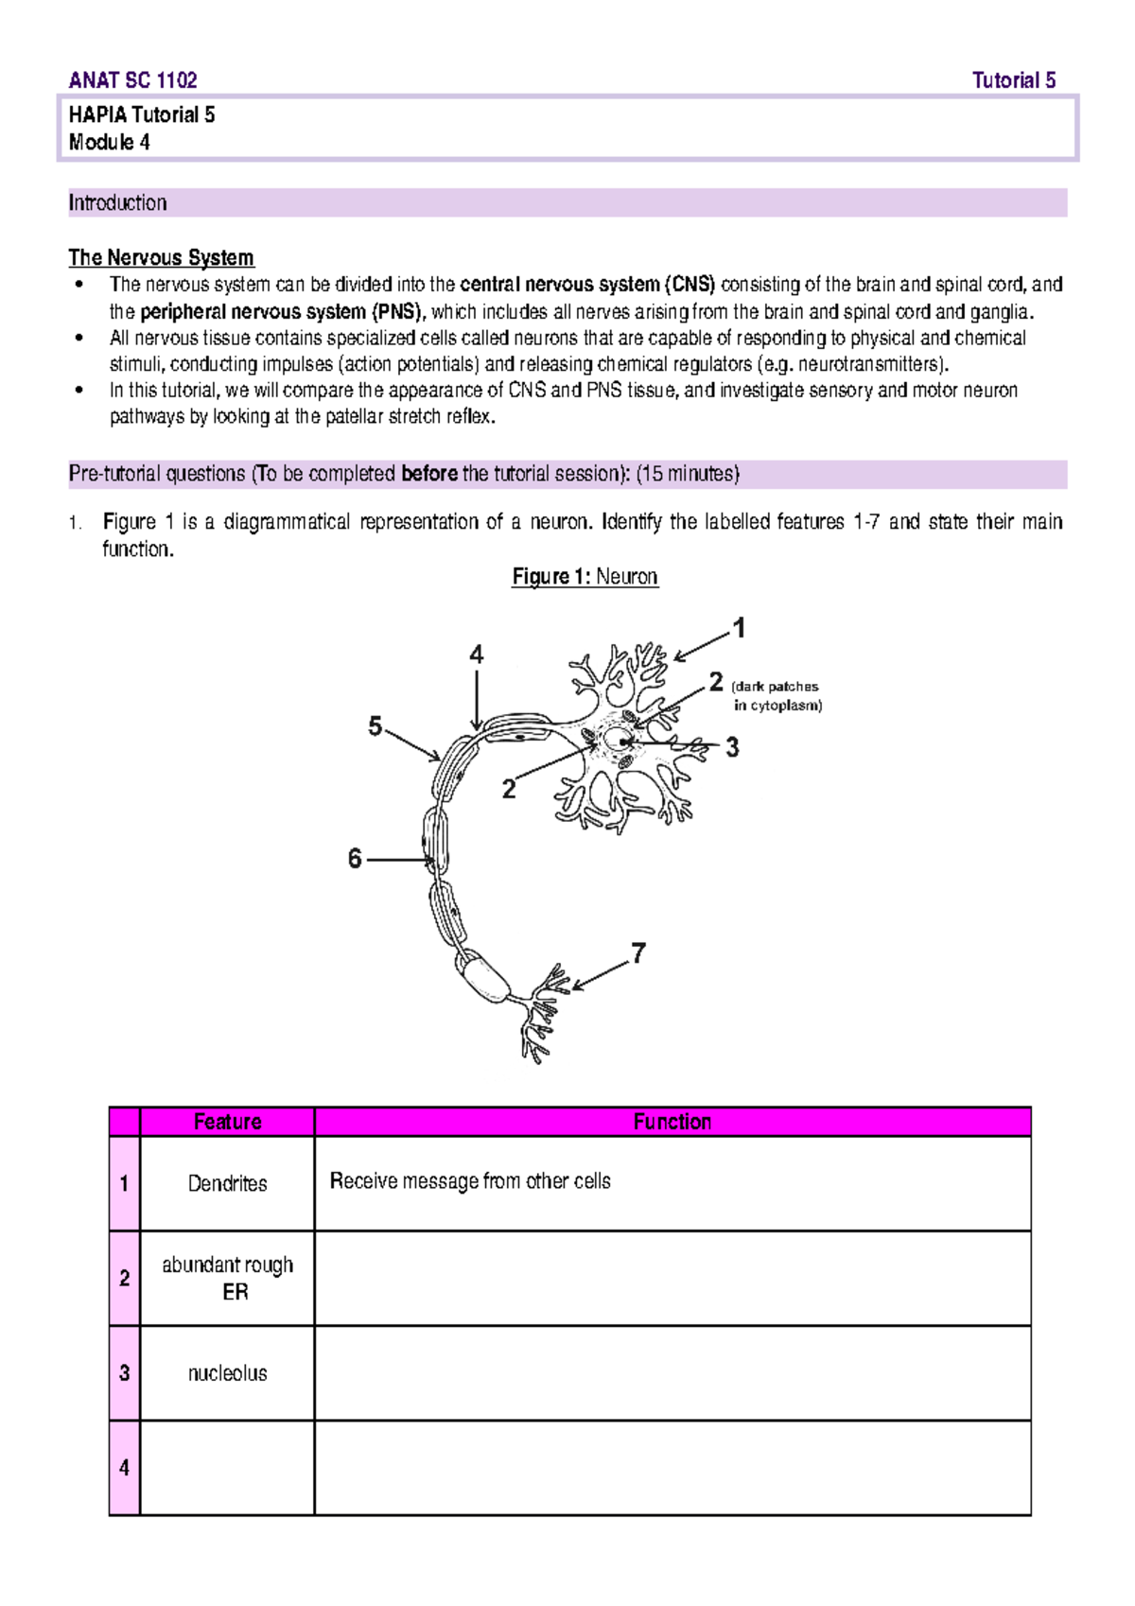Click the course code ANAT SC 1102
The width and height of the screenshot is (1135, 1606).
tap(132, 80)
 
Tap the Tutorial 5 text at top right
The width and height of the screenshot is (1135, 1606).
tap(1013, 80)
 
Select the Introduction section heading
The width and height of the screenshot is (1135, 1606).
tap(117, 202)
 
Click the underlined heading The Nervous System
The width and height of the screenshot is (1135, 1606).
tap(161, 257)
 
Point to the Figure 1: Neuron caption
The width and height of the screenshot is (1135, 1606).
tap(585, 576)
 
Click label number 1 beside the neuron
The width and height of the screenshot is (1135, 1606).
tap(740, 628)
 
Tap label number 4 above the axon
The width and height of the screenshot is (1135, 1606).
tap(476, 655)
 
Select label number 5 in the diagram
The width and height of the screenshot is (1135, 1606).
tap(375, 726)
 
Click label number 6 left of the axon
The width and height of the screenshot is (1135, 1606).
tap(355, 859)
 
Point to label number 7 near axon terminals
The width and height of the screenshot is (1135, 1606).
tap(638, 952)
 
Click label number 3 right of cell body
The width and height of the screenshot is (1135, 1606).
tap(732, 748)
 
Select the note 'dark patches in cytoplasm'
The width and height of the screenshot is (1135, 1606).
tap(777, 696)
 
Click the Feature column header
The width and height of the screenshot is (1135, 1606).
tap(227, 1122)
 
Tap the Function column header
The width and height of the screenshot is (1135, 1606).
tap(672, 1122)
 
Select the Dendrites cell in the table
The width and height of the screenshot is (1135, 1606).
tap(227, 1183)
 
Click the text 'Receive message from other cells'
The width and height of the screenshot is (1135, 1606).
tap(470, 1181)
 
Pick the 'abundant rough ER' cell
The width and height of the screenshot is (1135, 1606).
tap(227, 1278)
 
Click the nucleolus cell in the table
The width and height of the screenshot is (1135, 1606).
tap(227, 1373)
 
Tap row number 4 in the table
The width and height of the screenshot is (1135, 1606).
tap(124, 1468)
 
